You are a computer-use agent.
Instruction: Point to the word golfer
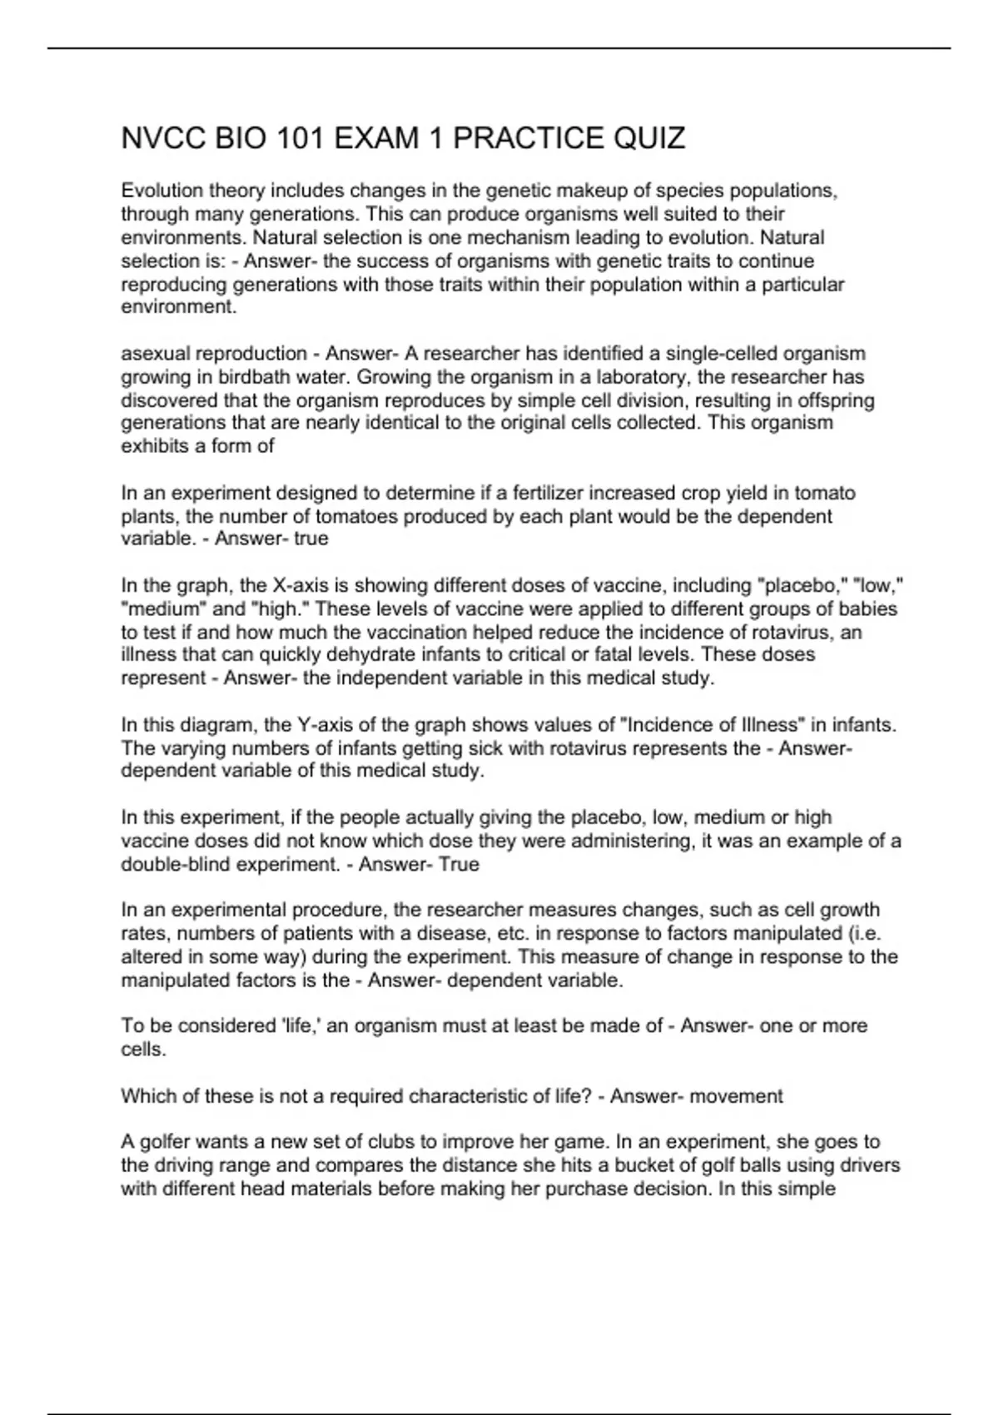coord(163,1142)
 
